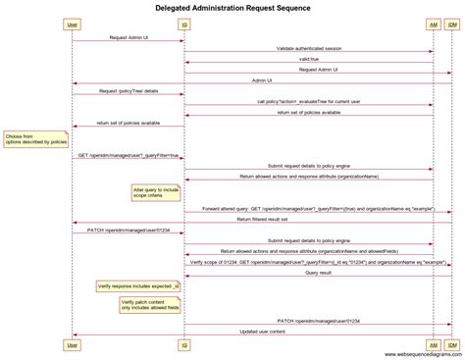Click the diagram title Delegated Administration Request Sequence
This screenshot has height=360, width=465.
232,8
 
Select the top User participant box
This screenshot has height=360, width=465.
72,24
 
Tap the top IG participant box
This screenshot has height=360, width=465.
184,24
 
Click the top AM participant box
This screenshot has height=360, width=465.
433,24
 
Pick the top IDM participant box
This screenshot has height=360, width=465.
451,24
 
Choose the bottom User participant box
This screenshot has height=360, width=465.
72,344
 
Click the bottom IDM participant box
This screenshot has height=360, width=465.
451,344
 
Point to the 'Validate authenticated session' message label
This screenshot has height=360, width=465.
308,48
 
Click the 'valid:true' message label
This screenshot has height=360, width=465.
308,59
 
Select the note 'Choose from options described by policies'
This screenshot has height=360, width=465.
35,139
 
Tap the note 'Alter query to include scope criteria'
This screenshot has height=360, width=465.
156,192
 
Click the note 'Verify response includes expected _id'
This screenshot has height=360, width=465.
137,285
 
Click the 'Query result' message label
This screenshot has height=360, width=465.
318,273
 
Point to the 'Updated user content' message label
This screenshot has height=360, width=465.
262,332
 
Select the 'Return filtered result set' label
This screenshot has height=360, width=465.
262,220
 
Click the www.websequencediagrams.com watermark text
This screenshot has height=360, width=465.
410,354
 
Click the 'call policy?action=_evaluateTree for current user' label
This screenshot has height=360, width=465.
308,102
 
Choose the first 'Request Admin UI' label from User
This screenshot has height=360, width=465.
129,37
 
